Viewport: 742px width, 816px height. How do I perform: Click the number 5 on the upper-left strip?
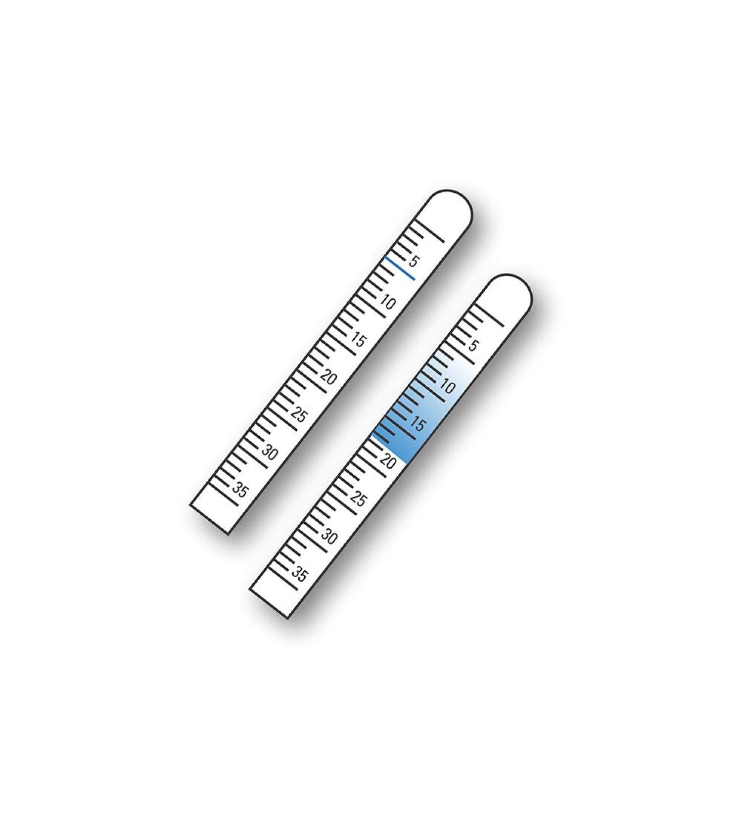[x=413, y=261]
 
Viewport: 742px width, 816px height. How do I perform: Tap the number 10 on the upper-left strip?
[x=388, y=302]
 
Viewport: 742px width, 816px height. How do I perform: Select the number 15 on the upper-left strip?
[x=359, y=340]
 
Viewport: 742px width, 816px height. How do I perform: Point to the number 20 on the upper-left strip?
[x=329, y=378]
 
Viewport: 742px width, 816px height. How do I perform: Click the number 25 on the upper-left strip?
[x=299, y=415]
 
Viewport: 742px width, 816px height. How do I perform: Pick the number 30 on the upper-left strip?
[x=270, y=453]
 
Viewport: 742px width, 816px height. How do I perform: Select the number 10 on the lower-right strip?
[x=447, y=386]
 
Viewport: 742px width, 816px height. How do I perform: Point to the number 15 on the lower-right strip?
[x=418, y=424]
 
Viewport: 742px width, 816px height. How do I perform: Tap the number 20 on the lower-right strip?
[x=388, y=462]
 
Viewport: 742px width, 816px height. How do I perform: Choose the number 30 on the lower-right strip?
[x=329, y=537]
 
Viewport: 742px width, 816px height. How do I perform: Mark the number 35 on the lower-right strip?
[x=299, y=575]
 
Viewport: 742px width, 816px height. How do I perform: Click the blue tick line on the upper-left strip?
[x=400, y=268]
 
